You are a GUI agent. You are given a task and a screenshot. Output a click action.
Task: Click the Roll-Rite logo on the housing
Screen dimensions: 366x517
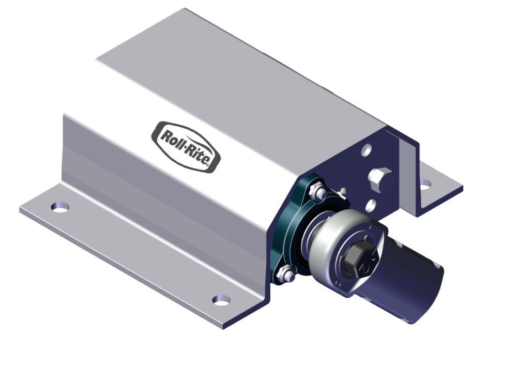point(186,147)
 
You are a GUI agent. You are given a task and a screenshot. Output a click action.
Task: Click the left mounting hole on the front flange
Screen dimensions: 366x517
point(60,207)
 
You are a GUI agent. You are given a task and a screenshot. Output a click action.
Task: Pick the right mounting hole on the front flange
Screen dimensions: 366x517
point(222,299)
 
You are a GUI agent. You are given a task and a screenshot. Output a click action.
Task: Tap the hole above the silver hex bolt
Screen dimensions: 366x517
point(366,150)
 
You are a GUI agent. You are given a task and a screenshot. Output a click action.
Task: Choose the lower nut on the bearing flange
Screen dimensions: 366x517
point(283,274)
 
